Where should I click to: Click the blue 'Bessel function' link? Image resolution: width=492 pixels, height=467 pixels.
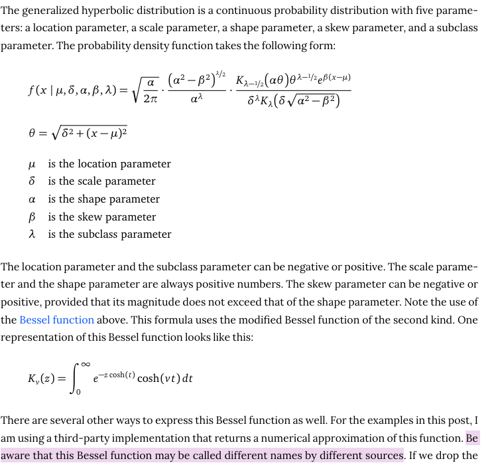pos(56,320)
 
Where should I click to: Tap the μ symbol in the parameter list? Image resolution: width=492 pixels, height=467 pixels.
pos(32,164)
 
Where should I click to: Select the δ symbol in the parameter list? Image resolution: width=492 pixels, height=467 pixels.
pos(32,181)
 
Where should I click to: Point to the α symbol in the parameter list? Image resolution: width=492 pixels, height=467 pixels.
pos(32,199)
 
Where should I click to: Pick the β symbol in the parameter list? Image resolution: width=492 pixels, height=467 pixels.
pos(32,217)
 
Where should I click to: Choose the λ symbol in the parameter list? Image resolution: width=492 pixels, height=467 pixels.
pos(32,234)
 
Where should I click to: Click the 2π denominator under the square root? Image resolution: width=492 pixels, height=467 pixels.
pos(151,98)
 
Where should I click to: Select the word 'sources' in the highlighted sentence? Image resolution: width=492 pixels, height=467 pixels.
pos(383,456)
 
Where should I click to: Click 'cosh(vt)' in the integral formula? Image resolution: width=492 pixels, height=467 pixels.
pos(157,379)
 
